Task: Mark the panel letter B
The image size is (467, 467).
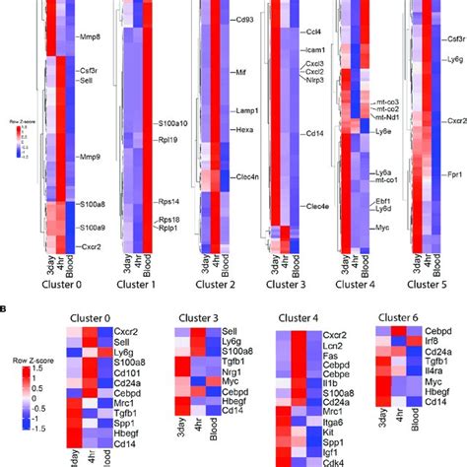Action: (5, 305)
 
